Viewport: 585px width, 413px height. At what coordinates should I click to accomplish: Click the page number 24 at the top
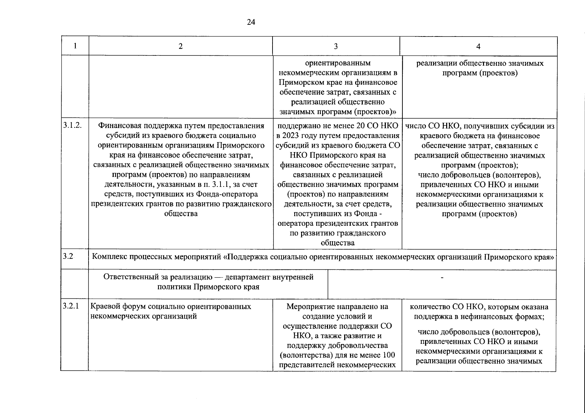pyautogui.click(x=251, y=22)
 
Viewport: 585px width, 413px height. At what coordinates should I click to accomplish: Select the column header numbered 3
pyautogui.click(x=336, y=46)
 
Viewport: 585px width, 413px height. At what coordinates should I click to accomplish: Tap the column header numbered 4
pyautogui.click(x=478, y=46)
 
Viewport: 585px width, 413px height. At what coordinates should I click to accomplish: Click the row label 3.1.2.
pyautogui.click(x=73, y=126)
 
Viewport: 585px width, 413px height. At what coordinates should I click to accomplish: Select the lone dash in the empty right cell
pyautogui.click(x=442, y=277)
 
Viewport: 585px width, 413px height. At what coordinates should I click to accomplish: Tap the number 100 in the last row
pyautogui.click(x=389, y=355)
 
